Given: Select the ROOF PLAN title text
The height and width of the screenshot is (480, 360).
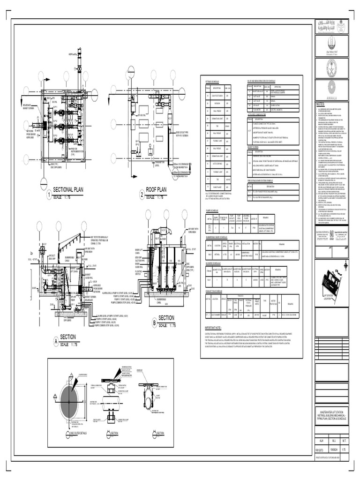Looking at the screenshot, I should (156, 190).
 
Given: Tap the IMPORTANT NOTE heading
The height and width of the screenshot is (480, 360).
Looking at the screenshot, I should (216, 328).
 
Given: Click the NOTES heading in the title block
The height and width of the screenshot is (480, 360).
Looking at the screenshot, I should (320, 104).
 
